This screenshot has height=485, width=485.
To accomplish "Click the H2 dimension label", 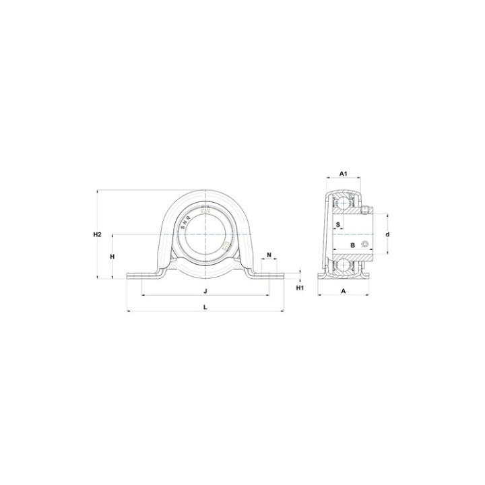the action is pyautogui.click(x=98, y=234).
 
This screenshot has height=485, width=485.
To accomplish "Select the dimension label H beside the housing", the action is pyautogui.click(x=112, y=257).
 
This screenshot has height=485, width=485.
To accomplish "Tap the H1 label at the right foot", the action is pyautogui.click(x=300, y=288).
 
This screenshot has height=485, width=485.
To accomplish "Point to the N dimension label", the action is pyautogui.click(x=269, y=255).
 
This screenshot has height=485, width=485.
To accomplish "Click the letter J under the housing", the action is pyautogui.click(x=205, y=291).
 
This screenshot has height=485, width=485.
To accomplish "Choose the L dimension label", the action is pyautogui.click(x=205, y=307).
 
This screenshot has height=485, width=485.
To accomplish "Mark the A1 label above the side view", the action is pyautogui.click(x=344, y=174).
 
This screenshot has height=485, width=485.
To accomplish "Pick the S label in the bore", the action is pyautogui.click(x=338, y=224).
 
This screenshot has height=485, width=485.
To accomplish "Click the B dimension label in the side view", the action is pyautogui.click(x=352, y=245).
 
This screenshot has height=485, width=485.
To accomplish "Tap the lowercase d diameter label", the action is pyautogui.click(x=387, y=234).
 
